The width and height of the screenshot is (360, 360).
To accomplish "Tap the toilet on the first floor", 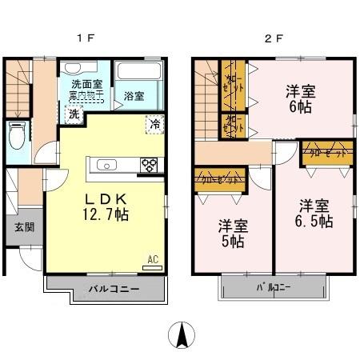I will point(16,135).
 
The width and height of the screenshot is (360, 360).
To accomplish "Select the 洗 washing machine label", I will point(74,114).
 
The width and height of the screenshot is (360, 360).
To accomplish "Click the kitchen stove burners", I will point(149,166).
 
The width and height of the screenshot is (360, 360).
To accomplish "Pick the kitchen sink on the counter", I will point(108,166).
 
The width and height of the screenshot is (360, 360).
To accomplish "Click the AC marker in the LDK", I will point(152,259).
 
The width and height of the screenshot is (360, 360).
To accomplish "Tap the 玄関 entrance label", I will point(23,226).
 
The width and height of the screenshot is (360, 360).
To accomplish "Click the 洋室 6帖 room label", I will point(301,100).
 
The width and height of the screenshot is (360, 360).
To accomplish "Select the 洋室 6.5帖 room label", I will point(311,214).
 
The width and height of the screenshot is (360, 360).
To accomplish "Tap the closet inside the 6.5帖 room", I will point(327,153).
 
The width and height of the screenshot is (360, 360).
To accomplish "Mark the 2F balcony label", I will point(274,286).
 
